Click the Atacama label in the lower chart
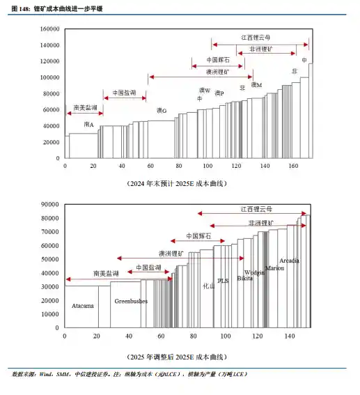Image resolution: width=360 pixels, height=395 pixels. point(83,305)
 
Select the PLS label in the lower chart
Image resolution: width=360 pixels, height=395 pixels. point(223,281)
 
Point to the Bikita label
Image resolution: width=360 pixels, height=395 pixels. point(245,278)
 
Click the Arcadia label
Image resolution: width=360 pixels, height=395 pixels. point(290,260)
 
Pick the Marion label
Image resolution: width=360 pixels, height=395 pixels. point(274,268)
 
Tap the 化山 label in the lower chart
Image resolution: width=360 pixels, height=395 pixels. point(208,286)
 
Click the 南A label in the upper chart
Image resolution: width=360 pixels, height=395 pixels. point(88,124)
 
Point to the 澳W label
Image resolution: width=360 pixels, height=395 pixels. point(205,91)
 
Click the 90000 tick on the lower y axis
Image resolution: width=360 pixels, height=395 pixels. point(49,204)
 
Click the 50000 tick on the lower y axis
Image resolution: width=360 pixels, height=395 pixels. point(49,258)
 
